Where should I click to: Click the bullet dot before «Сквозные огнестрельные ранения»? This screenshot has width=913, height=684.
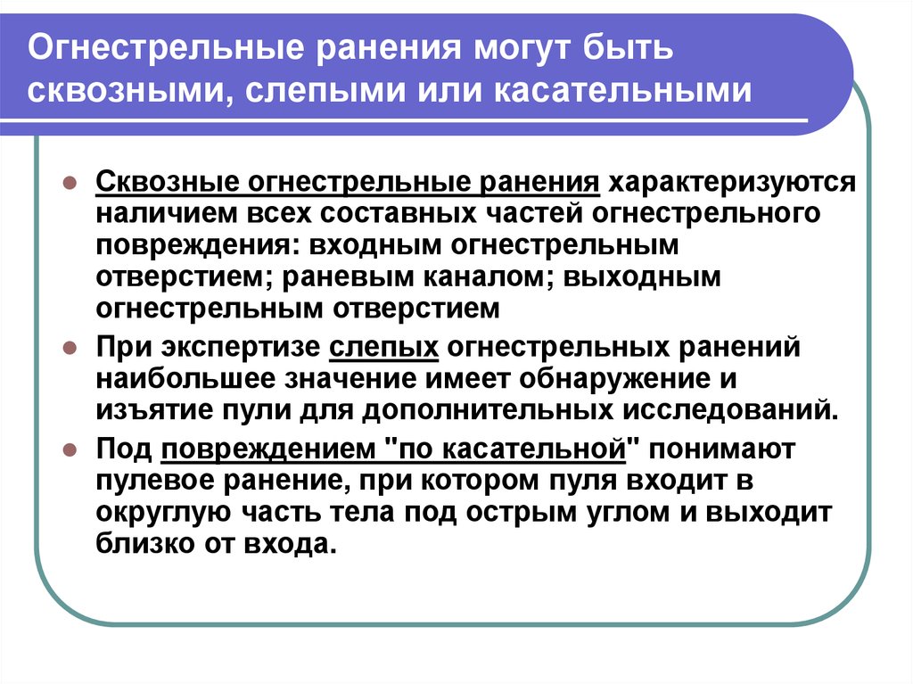pos(70,184)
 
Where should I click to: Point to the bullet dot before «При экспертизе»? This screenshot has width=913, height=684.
pos(70,349)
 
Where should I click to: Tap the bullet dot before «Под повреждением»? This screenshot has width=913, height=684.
pos(70,450)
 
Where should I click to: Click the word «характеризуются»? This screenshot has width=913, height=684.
pos(732,182)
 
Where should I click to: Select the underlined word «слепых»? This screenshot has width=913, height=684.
pos(383,348)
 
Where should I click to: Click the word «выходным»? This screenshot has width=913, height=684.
pos(642,276)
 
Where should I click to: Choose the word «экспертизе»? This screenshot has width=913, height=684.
pos(241,348)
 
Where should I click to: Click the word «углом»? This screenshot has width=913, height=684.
pos(625,512)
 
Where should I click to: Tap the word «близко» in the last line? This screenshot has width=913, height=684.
pos(145,544)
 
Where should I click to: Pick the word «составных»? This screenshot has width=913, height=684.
pos(398,214)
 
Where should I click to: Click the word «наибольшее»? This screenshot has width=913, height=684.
pos(185,379)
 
